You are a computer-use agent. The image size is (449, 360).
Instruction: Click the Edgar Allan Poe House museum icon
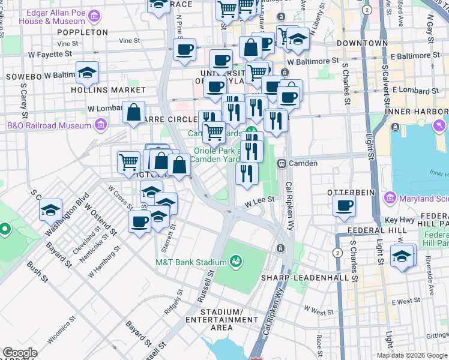pyautogui.click(x=94, y=15)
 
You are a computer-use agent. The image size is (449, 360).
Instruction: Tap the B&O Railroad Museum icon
pyautogui.click(x=100, y=125)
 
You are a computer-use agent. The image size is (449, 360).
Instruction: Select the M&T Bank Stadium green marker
pyautogui.click(x=237, y=261)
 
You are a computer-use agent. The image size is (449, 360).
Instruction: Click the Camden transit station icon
pyautogui.click(x=280, y=163)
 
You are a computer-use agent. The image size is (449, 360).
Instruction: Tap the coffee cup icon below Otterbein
pyautogui.click(x=345, y=205)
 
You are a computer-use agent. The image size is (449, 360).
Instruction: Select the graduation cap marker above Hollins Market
pyautogui.click(x=88, y=73)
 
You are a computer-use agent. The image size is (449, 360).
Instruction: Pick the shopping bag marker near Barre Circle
pyautogui.click(x=133, y=112)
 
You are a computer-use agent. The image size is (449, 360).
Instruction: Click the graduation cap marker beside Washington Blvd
pyautogui.click(x=50, y=209)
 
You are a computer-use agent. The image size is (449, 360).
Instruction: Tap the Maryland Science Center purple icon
pyautogui.click(x=390, y=197)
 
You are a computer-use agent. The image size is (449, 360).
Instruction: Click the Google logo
pyautogui.click(x=20, y=353)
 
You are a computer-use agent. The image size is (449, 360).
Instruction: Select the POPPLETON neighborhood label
pyautogui.click(x=83, y=32)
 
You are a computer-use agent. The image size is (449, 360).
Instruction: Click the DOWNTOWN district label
pyautogui.click(x=362, y=43)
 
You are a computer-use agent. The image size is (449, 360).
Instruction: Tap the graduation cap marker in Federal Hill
pyautogui.click(x=401, y=256)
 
